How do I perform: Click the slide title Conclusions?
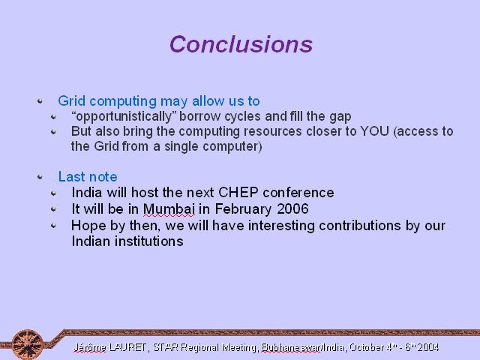click(241, 44)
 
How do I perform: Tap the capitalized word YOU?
click(375, 131)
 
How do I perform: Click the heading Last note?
click(88, 177)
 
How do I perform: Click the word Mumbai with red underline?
click(169, 209)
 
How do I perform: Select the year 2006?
click(292, 208)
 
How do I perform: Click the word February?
click(243, 209)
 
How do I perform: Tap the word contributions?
click(360, 226)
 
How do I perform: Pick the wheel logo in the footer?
click(28, 344)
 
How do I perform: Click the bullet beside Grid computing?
click(40, 100)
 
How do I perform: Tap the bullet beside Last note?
click(40, 177)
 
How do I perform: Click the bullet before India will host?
click(53, 193)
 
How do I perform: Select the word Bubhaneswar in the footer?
click(291, 347)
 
